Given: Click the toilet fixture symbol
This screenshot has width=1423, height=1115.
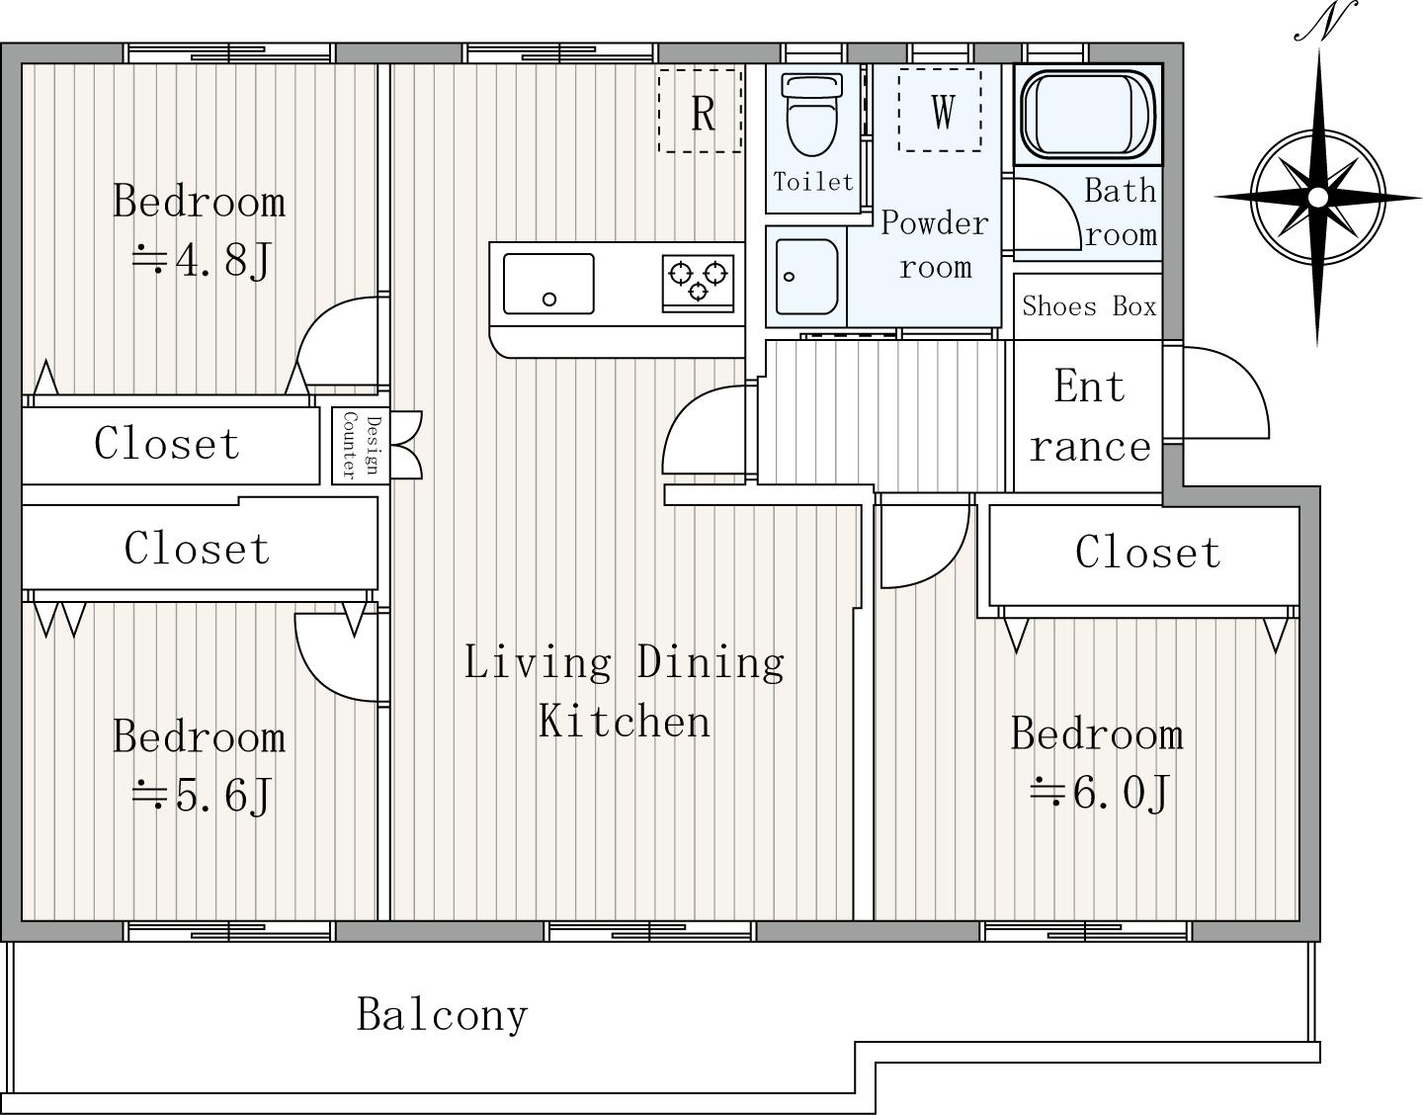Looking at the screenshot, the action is (x=812, y=115).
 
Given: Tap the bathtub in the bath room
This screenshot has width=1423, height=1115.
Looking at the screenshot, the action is (x=1088, y=114).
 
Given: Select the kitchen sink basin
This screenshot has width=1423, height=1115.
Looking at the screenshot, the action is (x=548, y=284).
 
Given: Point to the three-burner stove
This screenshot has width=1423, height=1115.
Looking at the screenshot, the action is (x=698, y=283).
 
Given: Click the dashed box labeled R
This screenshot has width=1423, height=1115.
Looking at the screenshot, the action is (x=700, y=111).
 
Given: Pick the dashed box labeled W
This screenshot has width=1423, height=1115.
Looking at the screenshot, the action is (x=940, y=110).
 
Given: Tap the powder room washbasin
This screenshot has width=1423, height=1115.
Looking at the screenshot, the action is (x=806, y=277).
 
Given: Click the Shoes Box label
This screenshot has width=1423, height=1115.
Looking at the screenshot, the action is (x=1089, y=306).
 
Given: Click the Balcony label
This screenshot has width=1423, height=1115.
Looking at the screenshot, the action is (x=442, y=1015).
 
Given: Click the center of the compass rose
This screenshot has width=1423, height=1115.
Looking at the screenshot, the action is (x=1317, y=197).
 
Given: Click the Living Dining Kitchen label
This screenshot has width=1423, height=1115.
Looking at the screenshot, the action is (x=625, y=691).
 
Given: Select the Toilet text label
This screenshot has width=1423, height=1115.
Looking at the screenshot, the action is (x=813, y=181).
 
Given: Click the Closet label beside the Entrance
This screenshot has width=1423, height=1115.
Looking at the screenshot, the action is (x=1147, y=553).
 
